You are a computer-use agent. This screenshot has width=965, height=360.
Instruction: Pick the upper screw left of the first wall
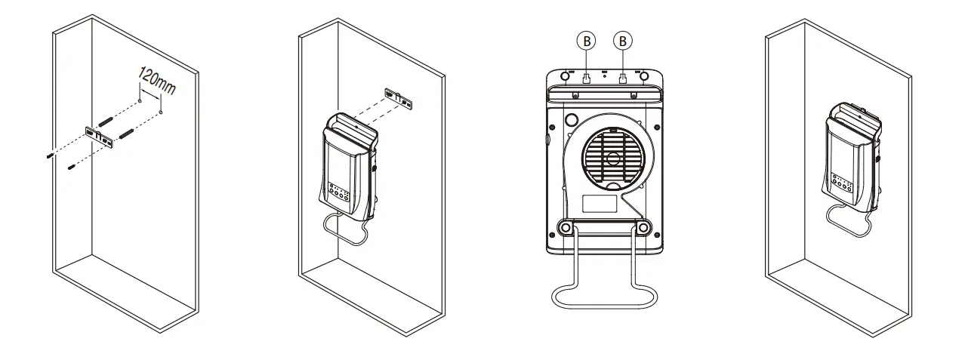(50, 155)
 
